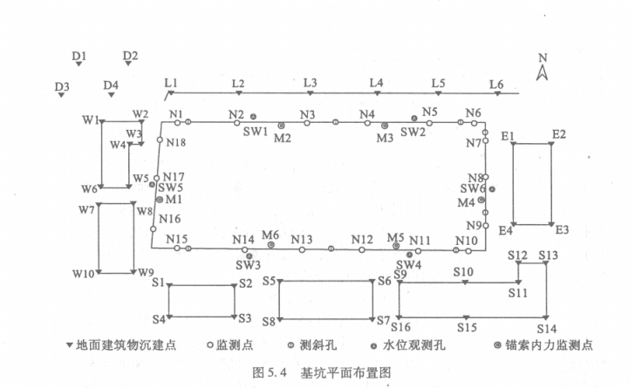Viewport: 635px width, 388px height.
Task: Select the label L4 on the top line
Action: click(376, 83)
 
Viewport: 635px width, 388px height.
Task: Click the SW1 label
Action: click(255, 132)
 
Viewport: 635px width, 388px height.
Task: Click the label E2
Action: click(558, 134)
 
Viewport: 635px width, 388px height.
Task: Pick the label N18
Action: click(175, 142)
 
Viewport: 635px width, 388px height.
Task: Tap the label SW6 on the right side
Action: click(472, 188)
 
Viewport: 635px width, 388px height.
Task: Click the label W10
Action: click(84, 274)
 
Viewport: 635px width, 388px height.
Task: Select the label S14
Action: click(546, 328)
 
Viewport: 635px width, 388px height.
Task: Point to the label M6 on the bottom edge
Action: click(270, 235)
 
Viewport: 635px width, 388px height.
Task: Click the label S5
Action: click(269, 281)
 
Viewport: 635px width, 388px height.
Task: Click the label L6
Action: click(496, 84)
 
